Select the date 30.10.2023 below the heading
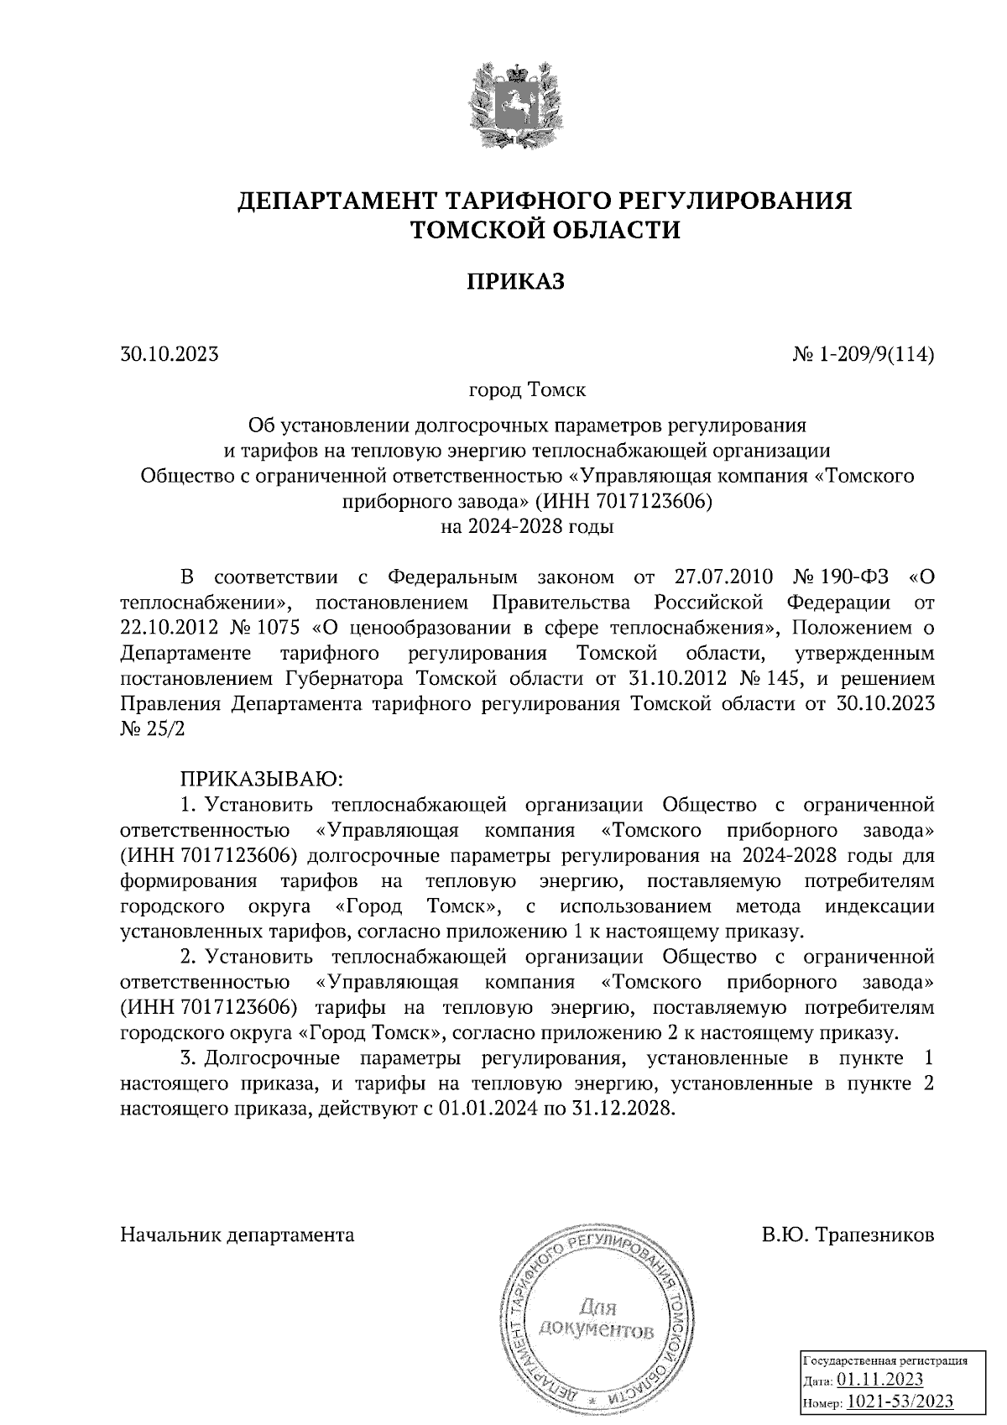(x=170, y=354)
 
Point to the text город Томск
(x=527, y=390)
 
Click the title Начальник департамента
(x=237, y=1234)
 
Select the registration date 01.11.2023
(x=881, y=1380)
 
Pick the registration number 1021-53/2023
(x=899, y=1402)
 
